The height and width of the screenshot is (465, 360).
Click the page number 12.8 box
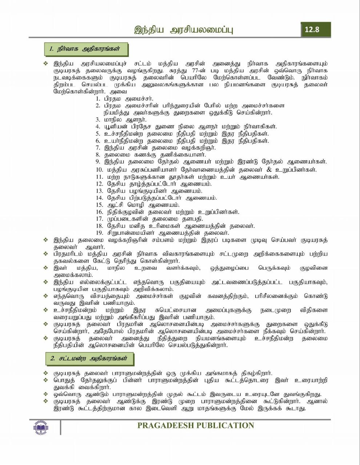(x=315, y=30)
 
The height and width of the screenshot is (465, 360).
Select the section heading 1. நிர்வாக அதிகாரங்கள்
(x=87, y=49)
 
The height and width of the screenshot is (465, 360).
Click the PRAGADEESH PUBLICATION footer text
(x=196, y=425)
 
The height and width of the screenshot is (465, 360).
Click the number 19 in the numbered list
(x=100, y=233)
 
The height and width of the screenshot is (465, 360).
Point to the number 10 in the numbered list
(x=100, y=170)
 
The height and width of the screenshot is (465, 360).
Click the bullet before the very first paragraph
(x=45, y=64)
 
